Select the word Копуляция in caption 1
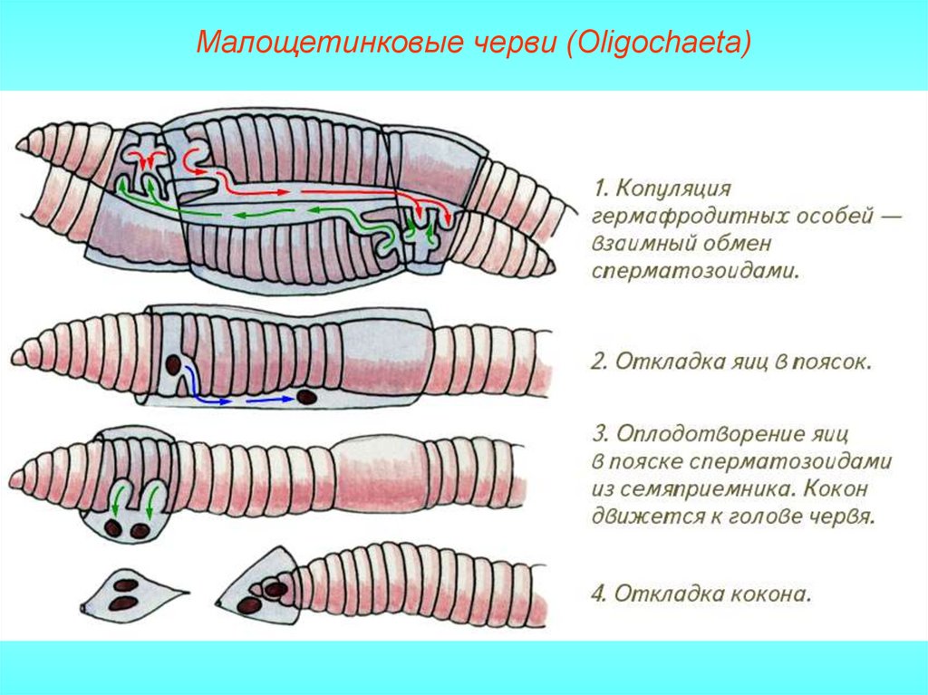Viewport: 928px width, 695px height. (x=676, y=189)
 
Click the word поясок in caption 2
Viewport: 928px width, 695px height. (x=831, y=362)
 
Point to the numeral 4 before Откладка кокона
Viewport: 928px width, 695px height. (x=597, y=594)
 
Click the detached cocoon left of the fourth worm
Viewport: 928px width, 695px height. (x=127, y=593)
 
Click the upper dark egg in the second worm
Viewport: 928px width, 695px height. (x=172, y=366)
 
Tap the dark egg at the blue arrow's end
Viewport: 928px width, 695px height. (x=307, y=396)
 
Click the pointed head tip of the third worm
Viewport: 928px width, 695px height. (x=14, y=475)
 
